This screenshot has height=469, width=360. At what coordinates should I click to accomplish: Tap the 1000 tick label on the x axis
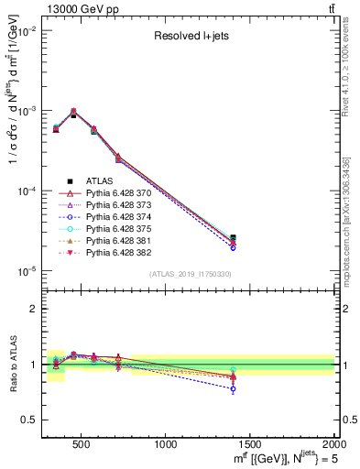(x=167, y=444)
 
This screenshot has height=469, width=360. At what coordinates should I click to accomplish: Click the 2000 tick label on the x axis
(x=333, y=444)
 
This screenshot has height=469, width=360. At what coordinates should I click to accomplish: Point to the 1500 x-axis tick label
(x=250, y=444)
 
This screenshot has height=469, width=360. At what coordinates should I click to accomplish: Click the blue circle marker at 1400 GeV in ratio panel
(x=233, y=388)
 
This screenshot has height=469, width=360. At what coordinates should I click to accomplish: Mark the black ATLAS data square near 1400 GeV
(x=233, y=238)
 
